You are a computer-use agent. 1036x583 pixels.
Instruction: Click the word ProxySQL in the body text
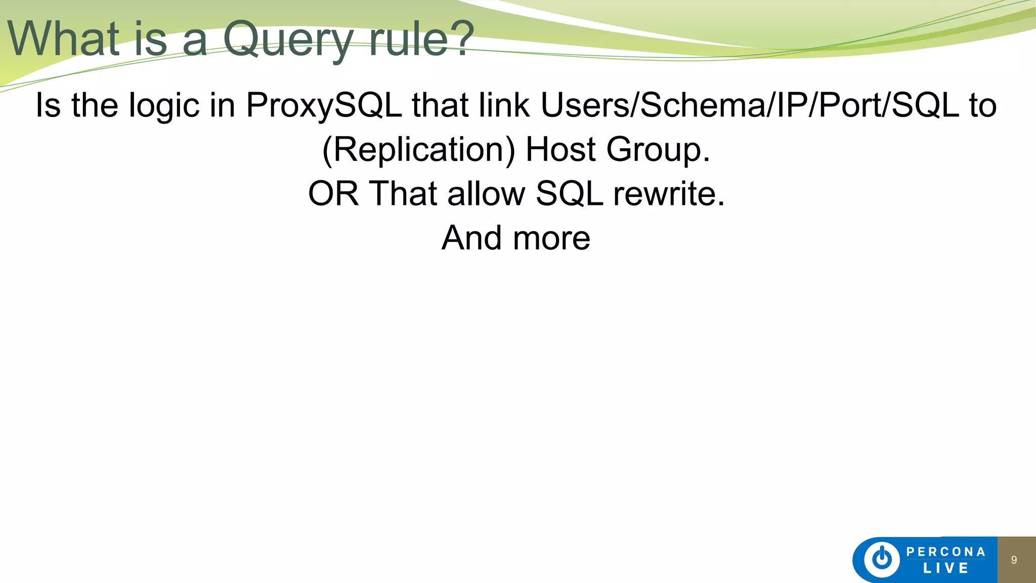(x=324, y=105)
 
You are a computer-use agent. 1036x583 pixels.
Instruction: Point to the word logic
(x=164, y=106)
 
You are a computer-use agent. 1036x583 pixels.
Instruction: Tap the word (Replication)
(x=418, y=150)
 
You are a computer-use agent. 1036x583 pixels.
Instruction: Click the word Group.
(x=658, y=150)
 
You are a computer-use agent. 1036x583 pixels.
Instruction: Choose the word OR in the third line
(x=333, y=193)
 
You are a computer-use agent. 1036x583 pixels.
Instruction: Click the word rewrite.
(x=669, y=193)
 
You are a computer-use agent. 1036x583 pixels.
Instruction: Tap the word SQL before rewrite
(x=569, y=193)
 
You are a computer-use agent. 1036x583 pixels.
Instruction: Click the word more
(x=551, y=238)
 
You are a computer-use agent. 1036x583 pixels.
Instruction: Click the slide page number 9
(x=1014, y=560)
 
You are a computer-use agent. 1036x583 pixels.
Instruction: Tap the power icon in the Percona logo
(x=882, y=559)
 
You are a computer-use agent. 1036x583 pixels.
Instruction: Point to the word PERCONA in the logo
(x=945, y=552)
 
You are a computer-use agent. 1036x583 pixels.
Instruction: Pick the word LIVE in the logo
(x=945, y=568)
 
